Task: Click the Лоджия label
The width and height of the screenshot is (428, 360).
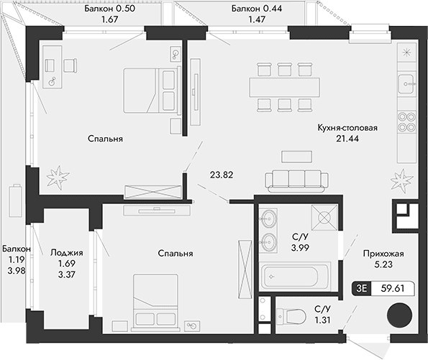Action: click(67, 253)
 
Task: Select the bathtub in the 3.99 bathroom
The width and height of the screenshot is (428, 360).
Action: click(296, 275)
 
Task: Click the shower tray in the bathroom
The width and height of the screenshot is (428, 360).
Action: click(323, 213)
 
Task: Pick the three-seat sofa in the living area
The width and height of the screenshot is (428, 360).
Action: click(294, 180)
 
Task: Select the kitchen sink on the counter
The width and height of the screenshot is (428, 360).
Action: click(406, 82)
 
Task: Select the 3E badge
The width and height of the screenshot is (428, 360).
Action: click(360, 289)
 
